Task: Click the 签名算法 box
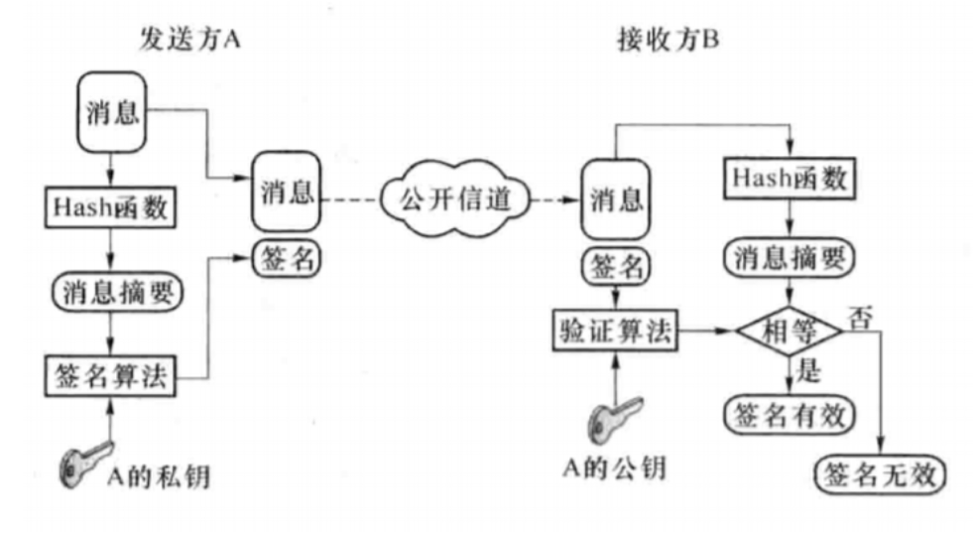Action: (x=110, y=376)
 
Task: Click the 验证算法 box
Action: (x=614, y=333)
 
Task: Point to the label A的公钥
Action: (x=615, y=470)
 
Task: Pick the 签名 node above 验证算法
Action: (x=614, y=264)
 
